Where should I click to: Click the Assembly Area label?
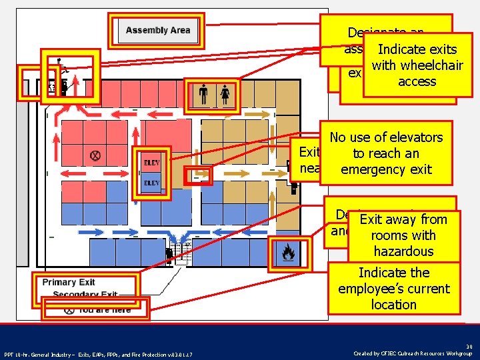158,30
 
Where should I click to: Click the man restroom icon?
203,96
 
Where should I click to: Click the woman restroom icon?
225,96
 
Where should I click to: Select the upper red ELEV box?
151,162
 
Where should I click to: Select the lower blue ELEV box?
151,183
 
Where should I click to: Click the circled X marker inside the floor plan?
95,155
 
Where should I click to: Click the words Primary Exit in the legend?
68,282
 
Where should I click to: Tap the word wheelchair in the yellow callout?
417,65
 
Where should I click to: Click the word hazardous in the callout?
403,251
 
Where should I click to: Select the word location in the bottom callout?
393,305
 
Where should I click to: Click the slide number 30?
469,346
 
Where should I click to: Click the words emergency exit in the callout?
386,169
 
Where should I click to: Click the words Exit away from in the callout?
403,219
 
